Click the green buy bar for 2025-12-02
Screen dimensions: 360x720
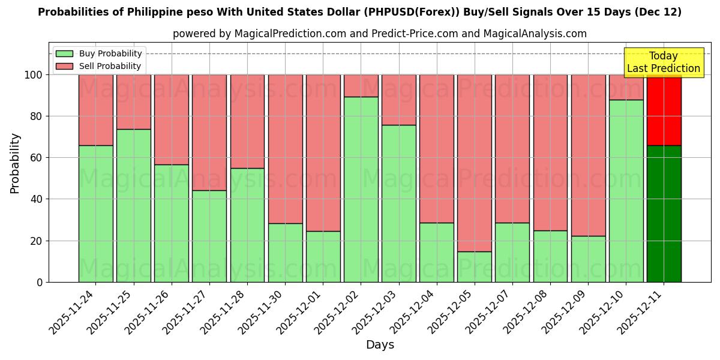(361, 189)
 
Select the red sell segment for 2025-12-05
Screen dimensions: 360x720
(474, 163)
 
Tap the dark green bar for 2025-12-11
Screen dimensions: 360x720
(664, 214)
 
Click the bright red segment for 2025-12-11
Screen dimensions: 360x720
(664, 110)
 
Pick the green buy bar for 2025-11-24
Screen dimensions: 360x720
(95, 214)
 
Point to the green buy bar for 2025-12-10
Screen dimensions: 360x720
(626, 191)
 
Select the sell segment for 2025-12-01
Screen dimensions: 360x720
(323, 152)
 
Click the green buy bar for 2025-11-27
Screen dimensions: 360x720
(209, 236)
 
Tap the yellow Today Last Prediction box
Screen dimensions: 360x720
(663, 62)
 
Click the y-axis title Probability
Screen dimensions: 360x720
(15, 163)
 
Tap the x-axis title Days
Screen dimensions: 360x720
(380, 345)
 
